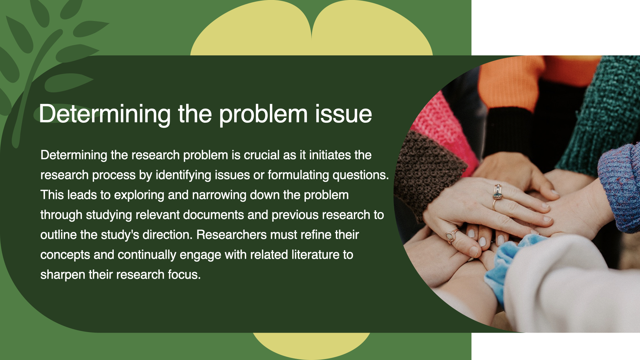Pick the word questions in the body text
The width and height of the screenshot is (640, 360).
click(x=361, y=175)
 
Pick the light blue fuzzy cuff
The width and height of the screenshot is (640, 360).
click(x=507, y=263)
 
